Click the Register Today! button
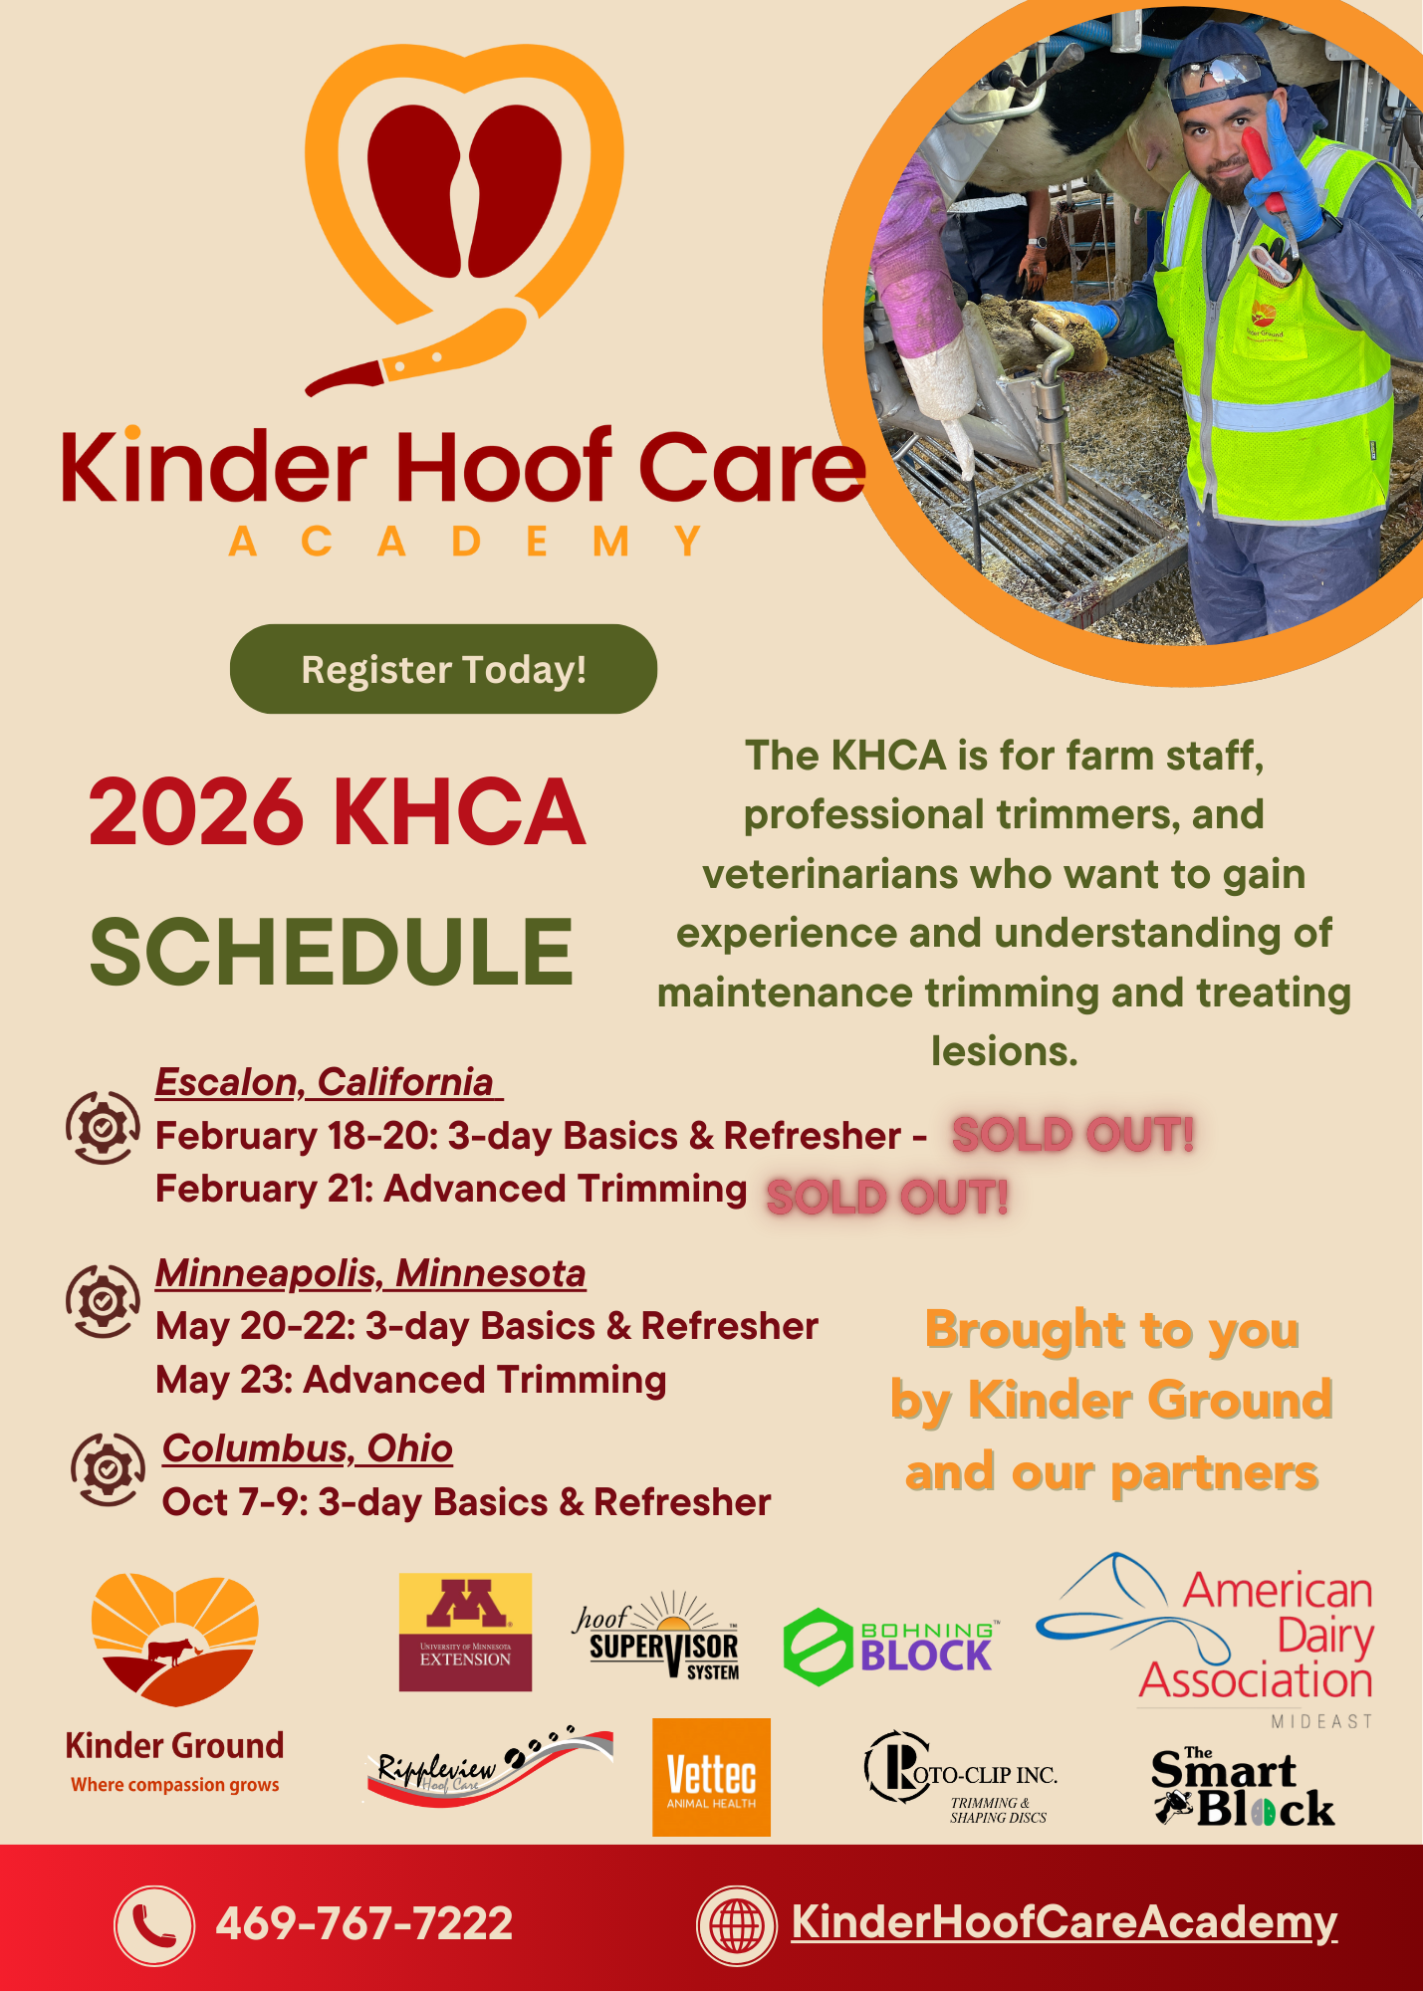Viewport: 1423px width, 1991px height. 443,669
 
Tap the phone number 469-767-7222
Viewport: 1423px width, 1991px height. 364,1923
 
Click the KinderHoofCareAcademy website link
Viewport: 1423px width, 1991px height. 1064,1921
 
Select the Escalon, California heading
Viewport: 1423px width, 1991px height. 325,1082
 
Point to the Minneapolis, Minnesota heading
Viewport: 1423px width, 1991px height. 370,1273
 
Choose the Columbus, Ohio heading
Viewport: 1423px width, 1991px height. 308,1448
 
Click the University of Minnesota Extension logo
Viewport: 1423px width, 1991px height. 465,1633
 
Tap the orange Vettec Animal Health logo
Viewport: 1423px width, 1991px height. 711,1777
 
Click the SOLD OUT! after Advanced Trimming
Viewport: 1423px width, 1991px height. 887,1197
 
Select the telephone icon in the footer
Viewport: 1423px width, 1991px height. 154,1925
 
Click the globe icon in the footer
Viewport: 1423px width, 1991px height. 736,1925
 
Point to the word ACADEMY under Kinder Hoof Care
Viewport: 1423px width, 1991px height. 466,543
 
